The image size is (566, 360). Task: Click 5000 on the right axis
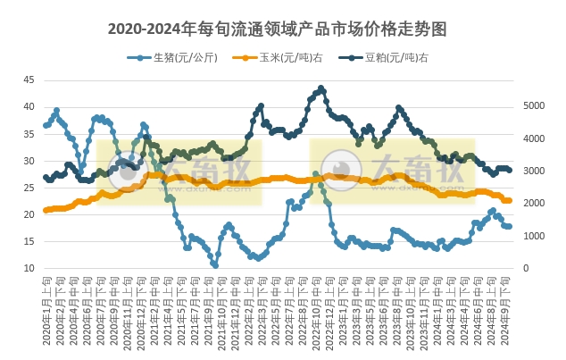(532, 105)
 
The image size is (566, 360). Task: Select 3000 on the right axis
(532, 171)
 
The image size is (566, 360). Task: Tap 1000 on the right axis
(532, 236)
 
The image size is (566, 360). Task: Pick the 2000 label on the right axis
(532, 204)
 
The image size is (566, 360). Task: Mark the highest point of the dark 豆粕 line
(321, 88)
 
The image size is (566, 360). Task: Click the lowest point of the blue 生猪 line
(215, 265)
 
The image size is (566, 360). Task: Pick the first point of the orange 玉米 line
(46, 211)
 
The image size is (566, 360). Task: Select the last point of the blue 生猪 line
(509, 226)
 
